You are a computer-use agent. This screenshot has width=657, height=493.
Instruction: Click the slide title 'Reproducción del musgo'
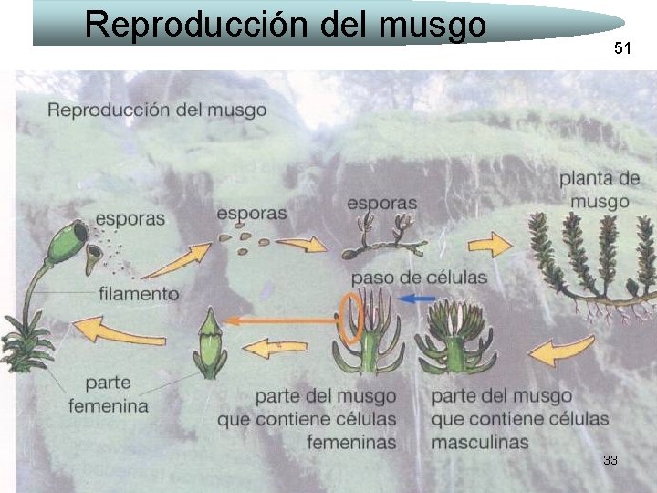(285, 24)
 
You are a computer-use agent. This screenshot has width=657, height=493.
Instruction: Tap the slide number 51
(622, 48)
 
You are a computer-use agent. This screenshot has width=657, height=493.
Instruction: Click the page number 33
(610, 460)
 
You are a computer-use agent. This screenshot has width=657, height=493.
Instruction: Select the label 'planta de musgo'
(600, 189)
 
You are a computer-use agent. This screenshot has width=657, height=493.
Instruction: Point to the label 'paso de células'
(419, 277)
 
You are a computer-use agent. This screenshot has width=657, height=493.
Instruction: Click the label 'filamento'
(138, 294)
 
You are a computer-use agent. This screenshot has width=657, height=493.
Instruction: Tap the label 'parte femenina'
(115, 393)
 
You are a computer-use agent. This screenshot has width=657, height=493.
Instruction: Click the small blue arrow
(418, 299)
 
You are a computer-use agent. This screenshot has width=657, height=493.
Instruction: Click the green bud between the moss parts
(210, 345)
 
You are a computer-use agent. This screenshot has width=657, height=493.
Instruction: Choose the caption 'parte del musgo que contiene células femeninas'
(325, 419)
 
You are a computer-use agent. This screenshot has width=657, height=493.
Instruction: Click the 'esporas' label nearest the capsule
(130, 218)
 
